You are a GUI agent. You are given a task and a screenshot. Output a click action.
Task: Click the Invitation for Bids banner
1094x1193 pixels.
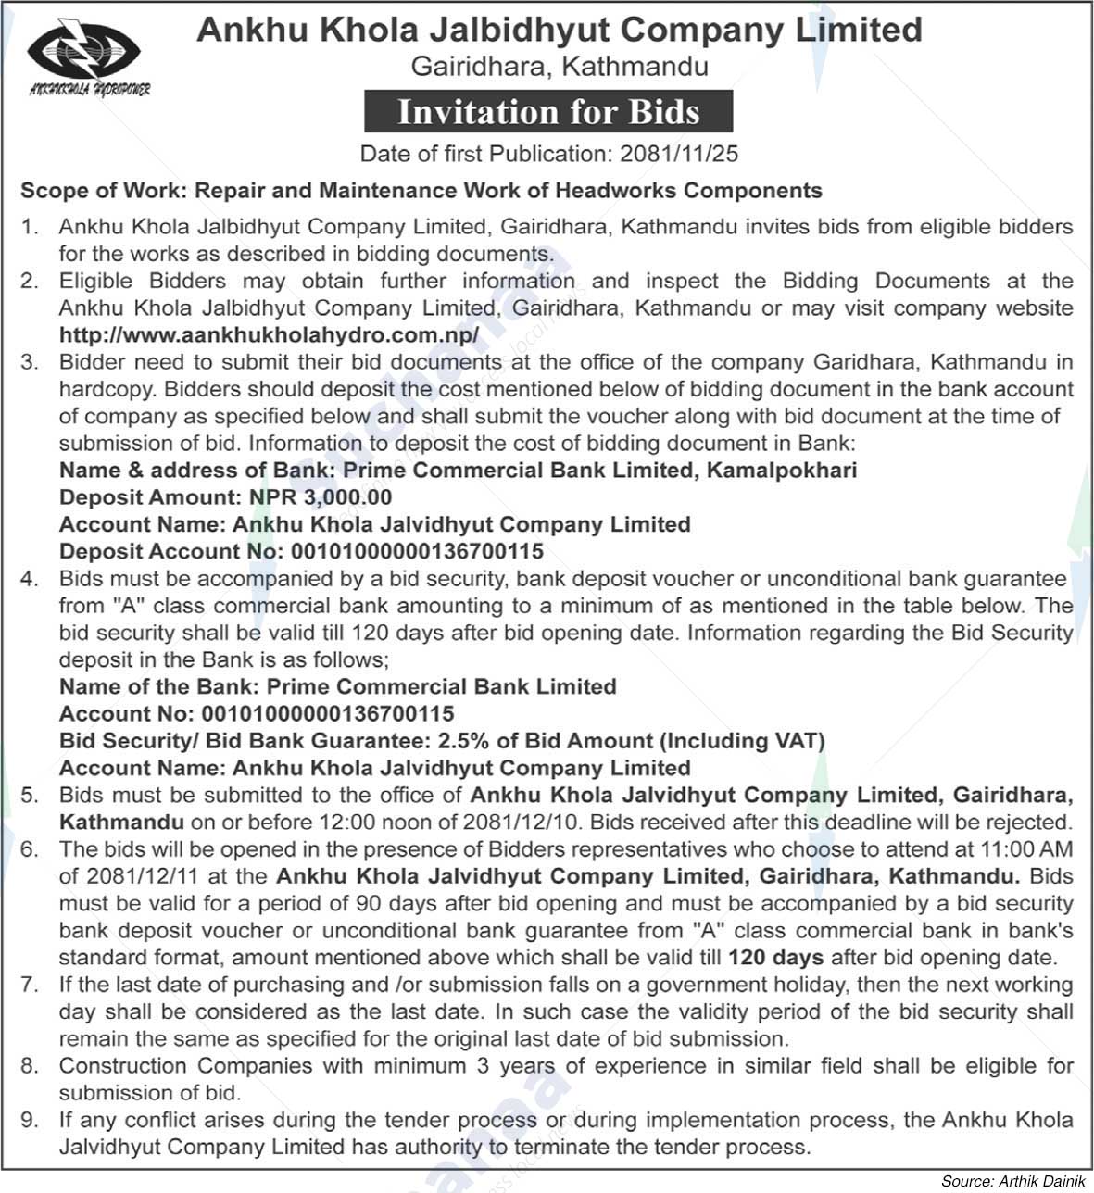[548, 112]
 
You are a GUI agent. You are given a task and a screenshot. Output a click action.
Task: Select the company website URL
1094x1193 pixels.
[269, 334]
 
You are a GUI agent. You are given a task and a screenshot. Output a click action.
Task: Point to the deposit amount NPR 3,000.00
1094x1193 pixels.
[321, 497]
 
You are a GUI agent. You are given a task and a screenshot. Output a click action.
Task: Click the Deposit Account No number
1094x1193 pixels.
[417, 551]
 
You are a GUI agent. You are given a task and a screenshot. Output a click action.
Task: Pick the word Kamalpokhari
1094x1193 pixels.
[782, 471]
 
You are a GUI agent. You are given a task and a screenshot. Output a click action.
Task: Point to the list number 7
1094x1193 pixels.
[30, 985]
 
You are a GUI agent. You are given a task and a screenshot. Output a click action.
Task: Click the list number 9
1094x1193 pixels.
[30, 1120]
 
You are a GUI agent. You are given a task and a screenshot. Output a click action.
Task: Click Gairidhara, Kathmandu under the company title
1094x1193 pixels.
[560, 67]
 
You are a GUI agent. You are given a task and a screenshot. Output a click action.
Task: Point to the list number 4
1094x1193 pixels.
[30, 579]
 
